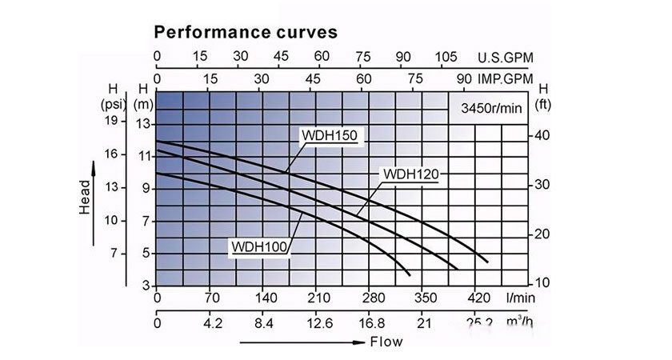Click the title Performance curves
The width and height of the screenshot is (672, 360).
pos(245,33)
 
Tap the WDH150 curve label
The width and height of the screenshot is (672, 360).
pos(331,135)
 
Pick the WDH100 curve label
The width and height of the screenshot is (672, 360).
pos(259,246)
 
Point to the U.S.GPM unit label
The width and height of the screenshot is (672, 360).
pos(505,58)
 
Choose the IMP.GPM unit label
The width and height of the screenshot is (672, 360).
pos(505,80)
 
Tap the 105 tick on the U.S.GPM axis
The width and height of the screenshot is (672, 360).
pos(445,58)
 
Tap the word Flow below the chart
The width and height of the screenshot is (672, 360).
pos(386,342)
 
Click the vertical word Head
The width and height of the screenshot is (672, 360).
pos(85,196)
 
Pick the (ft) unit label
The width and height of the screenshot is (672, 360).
pos(544,103)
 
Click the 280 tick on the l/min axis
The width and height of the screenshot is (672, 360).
pos(370,298)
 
